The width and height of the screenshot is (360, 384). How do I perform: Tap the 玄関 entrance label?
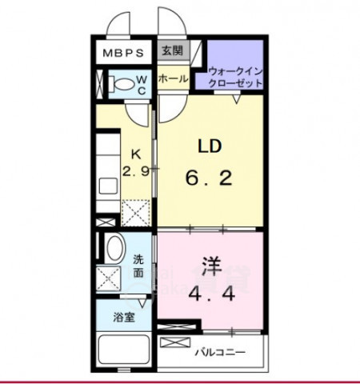click(171, 51)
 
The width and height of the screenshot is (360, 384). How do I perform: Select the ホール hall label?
click(172, 78)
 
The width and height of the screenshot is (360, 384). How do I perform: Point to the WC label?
click(141, 84)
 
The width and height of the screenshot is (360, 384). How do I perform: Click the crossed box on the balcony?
click(172, 342)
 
